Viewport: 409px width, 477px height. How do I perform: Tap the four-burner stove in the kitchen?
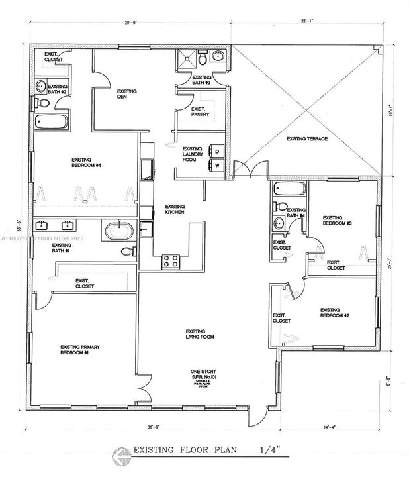[170, 261]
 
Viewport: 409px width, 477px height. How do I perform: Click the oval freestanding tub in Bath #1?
[119, 232]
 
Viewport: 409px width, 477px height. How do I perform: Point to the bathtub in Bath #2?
[50, 122]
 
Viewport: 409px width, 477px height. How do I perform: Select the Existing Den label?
[126, 94]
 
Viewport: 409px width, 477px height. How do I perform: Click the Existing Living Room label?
[195, 334]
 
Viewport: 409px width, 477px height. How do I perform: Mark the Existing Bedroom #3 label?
[332, 221]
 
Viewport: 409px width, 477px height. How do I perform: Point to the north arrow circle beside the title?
[119, 454]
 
